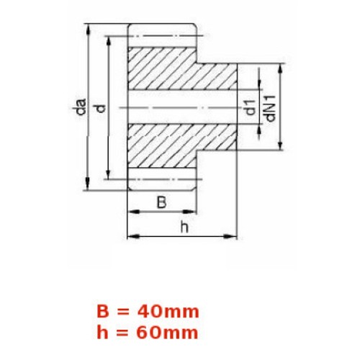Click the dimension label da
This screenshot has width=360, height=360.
pyautogui.click(x=79, y=106)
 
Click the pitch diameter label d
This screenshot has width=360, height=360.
pyautogui.click(x=101, y=109)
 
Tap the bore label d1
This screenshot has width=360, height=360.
pyautogui.click(x=251, y=107)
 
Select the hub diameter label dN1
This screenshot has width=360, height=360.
pyautogui.click(x=270, y=108)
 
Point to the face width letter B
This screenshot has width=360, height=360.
pyautogui.click(x=161, y=202)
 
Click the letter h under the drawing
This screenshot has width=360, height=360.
pyautogui.click(x=184, y=228)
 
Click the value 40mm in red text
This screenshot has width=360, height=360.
pyautogui.click(x=168, y=312)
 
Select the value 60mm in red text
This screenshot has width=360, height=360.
pyautogui.click(x=168, y=333)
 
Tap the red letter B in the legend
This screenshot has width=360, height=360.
pyautogui.click(x=103, y=312)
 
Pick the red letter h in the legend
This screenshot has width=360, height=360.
pyautogui.click(x=102, y=332)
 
